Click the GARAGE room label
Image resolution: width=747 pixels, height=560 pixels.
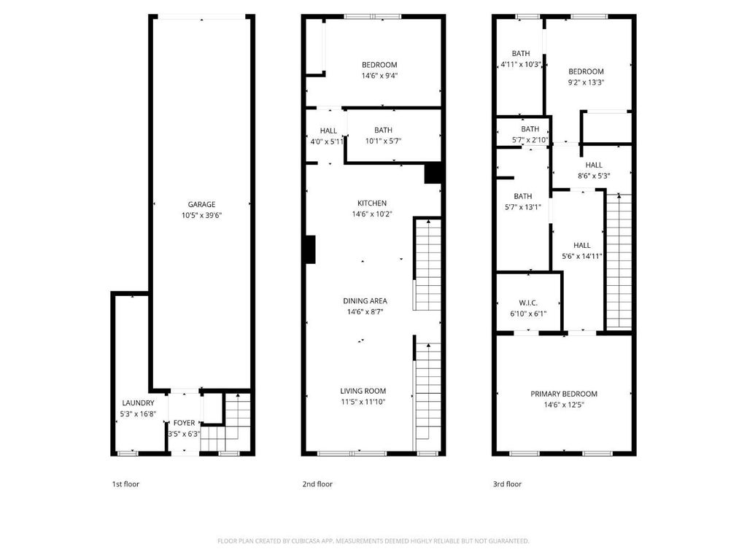click(201, 204)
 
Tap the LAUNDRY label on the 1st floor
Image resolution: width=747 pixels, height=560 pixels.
click(138, 402)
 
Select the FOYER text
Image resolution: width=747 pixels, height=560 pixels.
click(184, 423)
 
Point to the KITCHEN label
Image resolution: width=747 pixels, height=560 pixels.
click(372, 203)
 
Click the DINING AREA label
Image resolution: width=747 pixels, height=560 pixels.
click(365, 301)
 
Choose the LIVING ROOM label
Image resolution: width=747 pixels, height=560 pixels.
click(363, 391)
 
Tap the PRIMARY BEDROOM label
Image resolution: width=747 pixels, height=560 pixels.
click(564, 394)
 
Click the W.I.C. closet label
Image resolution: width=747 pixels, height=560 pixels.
click(528, 303)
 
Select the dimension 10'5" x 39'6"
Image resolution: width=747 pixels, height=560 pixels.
click(201, 215)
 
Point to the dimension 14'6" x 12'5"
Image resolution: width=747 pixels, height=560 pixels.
click(564, 405)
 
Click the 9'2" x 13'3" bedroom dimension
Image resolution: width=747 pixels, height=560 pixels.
click(586, 82)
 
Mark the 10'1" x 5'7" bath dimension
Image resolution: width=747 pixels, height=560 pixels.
click(384, 141)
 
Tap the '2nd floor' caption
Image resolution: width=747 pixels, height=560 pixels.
click(317, 484)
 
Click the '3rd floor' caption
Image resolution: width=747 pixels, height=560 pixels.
click(507, 484)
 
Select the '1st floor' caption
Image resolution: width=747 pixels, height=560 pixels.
click(125, 484)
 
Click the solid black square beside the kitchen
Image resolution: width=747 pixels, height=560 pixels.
click(433, 173)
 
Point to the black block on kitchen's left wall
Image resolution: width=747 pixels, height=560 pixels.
click(310, 249)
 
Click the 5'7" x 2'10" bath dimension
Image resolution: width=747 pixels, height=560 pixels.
click(530, 140)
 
